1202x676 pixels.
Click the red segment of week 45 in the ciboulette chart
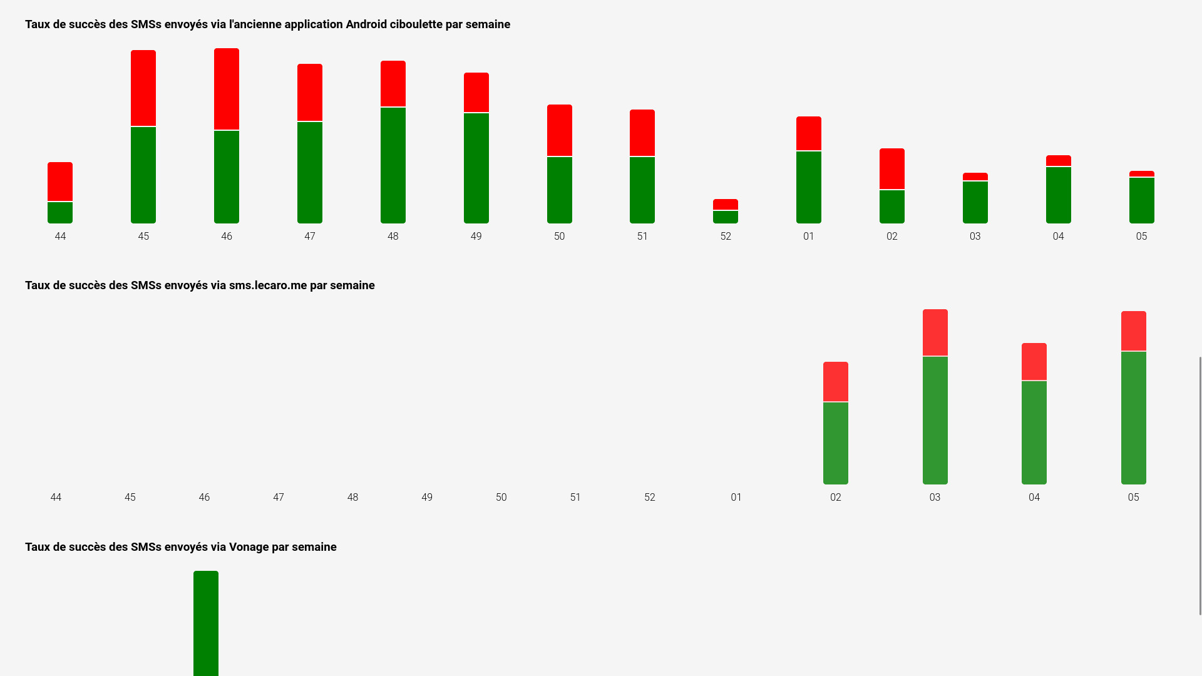pyautogui.click(x=143, y=88)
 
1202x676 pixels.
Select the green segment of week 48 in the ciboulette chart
pyautogui.click(x=393, y=165)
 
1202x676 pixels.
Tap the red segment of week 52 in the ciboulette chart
pyautogui.click(x=726, y=205)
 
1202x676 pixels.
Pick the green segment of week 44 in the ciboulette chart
pyautogui.click(x=60, y=213)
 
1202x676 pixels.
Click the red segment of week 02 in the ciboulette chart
pyautogui.click(x=892, y=168)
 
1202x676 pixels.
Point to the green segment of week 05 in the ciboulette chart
pyautogui.click(x=1141, y=200)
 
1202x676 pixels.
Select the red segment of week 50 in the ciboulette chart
pyautogui.click(x=560, y=130)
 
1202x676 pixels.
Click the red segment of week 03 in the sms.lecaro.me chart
pyautogui.click(x=935, y=332)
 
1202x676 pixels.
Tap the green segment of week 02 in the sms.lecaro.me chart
pyautogui.click(x=836, y=443)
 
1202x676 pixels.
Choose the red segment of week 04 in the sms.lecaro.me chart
pyautogui.click(x=1034, y=361)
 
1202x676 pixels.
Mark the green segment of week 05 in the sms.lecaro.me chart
pyautogui.click(x=1133, y=417)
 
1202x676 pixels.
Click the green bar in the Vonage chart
pyautogui.click(x=206, y=623)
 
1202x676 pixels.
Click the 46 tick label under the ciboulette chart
pyautogui.click(x=227, y=237)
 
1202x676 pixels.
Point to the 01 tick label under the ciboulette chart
pyautogui.click(x=809, y=237)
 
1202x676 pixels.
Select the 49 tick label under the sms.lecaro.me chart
pyautogui.click(x=427, y=498)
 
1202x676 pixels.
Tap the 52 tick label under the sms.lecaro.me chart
pyautogui.click(x=650, y=498)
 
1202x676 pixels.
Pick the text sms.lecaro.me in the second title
pyautogui.click(x=268, y=285)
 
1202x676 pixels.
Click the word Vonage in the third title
pyautogui.click(x=249, y=547)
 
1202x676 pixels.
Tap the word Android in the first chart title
pyautogui.click(x=366, y=24)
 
